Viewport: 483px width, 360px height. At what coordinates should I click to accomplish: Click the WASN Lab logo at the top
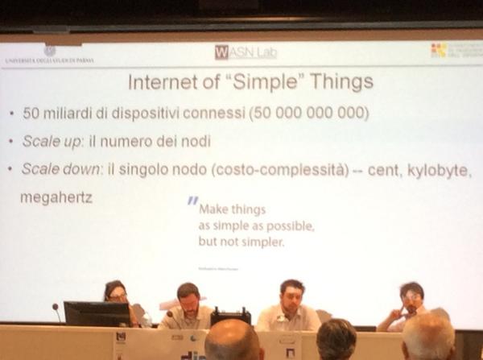coord(245,52)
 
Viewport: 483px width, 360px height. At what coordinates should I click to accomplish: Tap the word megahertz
coord(57,196)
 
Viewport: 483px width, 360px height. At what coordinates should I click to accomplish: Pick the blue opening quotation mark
coord(192,202)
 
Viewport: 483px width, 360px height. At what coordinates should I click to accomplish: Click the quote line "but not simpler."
coord(241,241)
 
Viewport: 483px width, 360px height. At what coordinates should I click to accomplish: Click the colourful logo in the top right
coord(438,50)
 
